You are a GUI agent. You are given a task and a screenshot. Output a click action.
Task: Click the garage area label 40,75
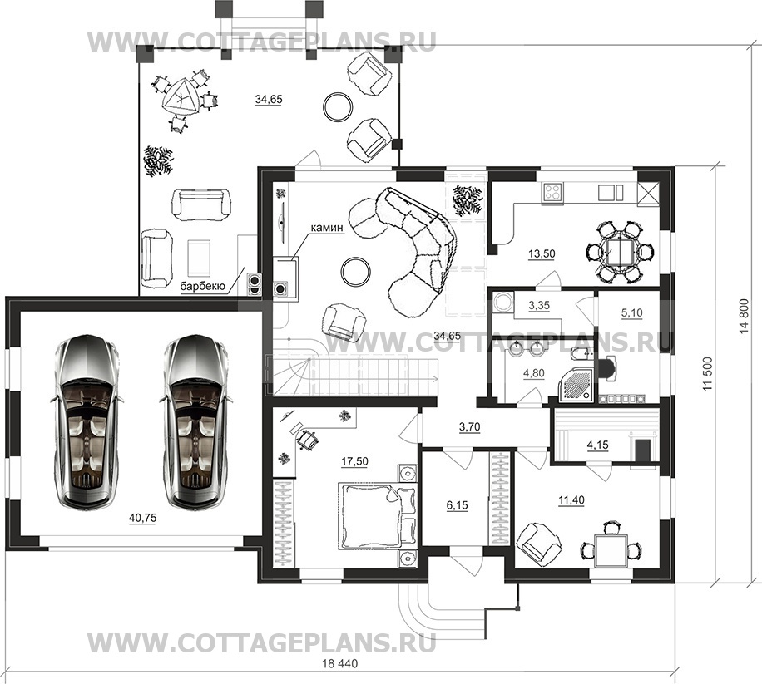coord(142,519)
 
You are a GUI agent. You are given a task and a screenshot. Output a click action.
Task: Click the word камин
coord(327,228)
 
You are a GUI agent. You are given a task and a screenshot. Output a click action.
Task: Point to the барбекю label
coord(203,287)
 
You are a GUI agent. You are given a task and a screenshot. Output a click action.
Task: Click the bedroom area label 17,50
coord(354,461)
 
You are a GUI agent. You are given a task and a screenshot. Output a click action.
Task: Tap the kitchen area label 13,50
coord(542,253)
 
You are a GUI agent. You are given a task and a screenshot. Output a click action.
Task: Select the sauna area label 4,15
coord(598,445)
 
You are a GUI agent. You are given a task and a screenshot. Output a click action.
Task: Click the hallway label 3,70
coord(469,427)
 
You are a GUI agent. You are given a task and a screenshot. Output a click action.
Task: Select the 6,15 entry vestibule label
coord(457,506)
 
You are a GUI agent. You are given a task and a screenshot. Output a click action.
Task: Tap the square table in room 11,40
coord(611,550)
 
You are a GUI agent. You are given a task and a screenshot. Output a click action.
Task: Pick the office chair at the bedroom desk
coord(307,440)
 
